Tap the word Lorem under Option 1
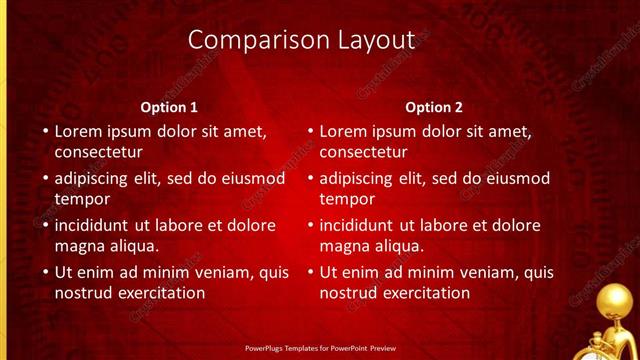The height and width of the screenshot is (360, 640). click(79, 130)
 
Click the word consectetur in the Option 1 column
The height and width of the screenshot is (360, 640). click(98, 153)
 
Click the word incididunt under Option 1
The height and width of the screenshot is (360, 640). click(98, 225)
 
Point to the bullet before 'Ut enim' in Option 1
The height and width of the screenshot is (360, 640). click(44, 272)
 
